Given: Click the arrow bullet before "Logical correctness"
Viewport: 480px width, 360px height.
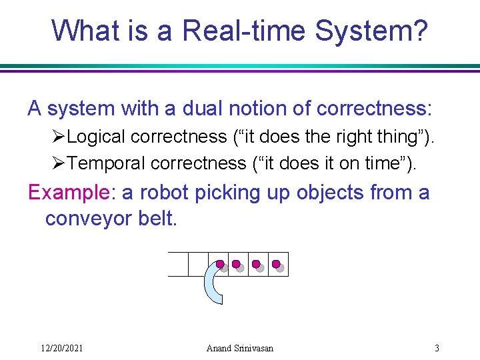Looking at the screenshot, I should point(58,137).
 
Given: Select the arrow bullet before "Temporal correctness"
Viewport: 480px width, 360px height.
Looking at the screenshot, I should point(58,163).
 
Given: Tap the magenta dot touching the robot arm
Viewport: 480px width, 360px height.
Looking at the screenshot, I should point(219,264).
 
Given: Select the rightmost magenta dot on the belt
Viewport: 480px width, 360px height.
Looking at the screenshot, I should point(276,264).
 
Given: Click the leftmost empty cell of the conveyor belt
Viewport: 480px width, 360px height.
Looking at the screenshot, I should point(178,264).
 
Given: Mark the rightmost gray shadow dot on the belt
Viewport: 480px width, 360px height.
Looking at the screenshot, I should point(281,268).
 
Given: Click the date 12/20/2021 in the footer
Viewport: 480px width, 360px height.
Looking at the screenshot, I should point(61,348).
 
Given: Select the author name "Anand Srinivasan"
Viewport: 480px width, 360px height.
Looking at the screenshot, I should point(240,348).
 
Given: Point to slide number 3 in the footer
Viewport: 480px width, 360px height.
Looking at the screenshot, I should point(437,348).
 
